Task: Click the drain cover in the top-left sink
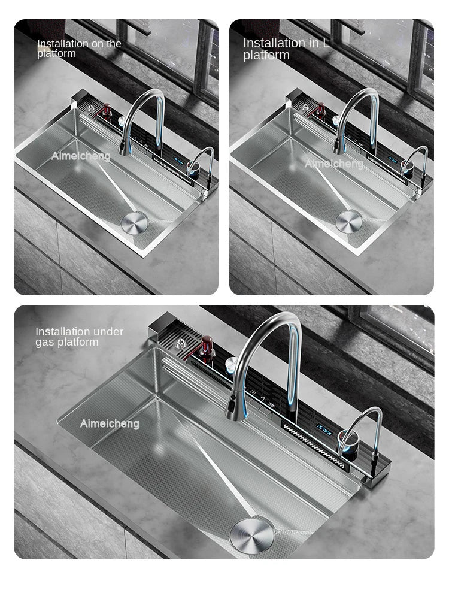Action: [x=134, y=222]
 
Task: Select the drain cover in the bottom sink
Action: [x=251, y=532]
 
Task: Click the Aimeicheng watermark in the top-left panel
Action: [x=81, y=156]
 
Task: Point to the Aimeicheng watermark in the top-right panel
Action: [x=334, y=164]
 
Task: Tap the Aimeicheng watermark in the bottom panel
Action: [x=110, y=424]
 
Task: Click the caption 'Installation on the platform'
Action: [x=79, y=49]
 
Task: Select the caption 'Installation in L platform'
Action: [x=286, y=49]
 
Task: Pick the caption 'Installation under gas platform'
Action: [x=79, y=337]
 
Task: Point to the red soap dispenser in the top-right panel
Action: [x=321, y=111]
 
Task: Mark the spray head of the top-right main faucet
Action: [x=340, y=144]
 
